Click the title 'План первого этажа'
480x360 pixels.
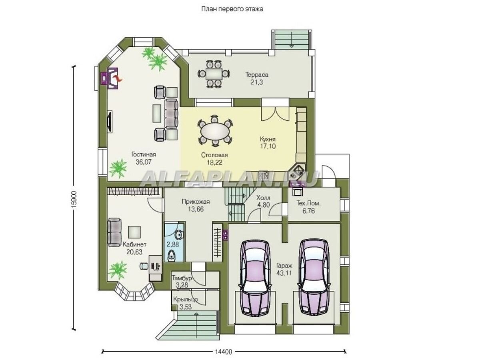[232, 9]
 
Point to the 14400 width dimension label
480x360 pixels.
[223, 352]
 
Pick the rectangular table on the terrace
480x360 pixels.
[214, 74]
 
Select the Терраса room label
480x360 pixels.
[257, 74]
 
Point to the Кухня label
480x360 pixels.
[268, 139]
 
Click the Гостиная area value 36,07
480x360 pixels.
[144, 162]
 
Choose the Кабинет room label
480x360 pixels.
[134, 244]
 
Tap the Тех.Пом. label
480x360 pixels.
[308, 203]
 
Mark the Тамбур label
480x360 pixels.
[182, 278]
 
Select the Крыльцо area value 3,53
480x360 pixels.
[186, 307]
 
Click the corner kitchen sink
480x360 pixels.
[297, 169]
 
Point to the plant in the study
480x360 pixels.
[118, 270]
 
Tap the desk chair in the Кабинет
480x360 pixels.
[144, 266]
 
